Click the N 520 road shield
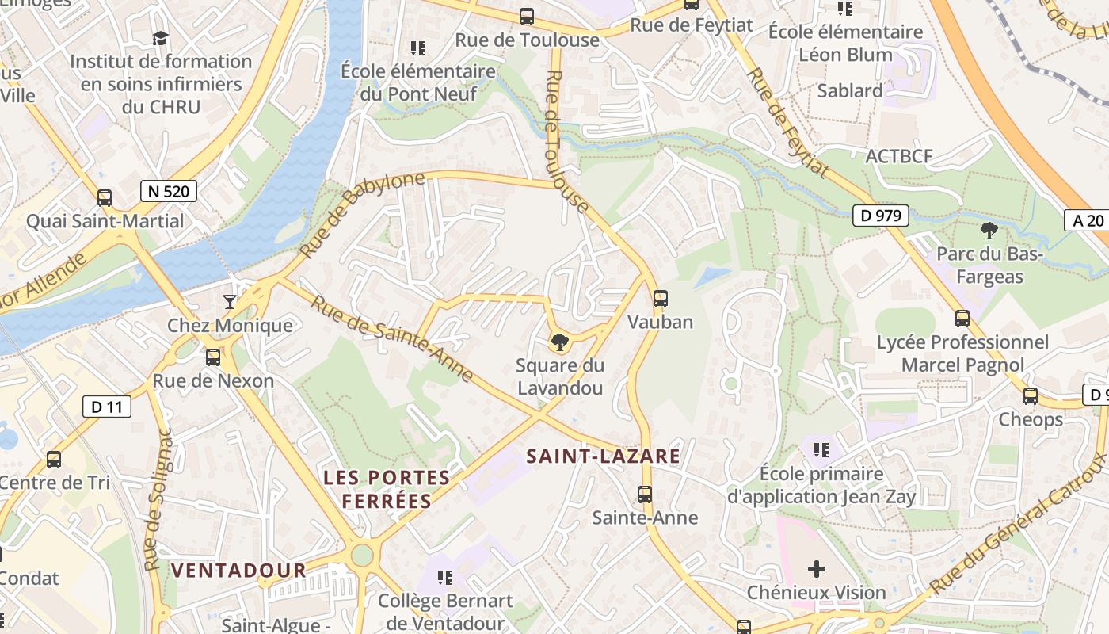click(169, 190)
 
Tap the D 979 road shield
click(880, 215)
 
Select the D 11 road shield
click(107, 407)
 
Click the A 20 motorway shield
click(1088, 220)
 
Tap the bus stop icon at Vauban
click(660, 299)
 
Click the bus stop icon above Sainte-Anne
click(645, 495)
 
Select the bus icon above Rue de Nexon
click(213, 357)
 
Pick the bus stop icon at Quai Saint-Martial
click(105, 198)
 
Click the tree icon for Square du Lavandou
click(560, 342)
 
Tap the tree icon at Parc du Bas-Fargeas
click(989, 231)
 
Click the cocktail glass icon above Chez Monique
click(230, 302)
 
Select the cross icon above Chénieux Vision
click(816, 568)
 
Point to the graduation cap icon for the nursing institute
click(161, 38)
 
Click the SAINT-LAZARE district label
click(603, 456)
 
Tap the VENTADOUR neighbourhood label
click(238, 570)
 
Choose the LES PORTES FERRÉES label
click(387, 489)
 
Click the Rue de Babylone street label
click(363, 214)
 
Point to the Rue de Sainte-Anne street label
click(392, 338)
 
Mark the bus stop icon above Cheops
click(1030, 395)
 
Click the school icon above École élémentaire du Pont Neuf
click(418, 48)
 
